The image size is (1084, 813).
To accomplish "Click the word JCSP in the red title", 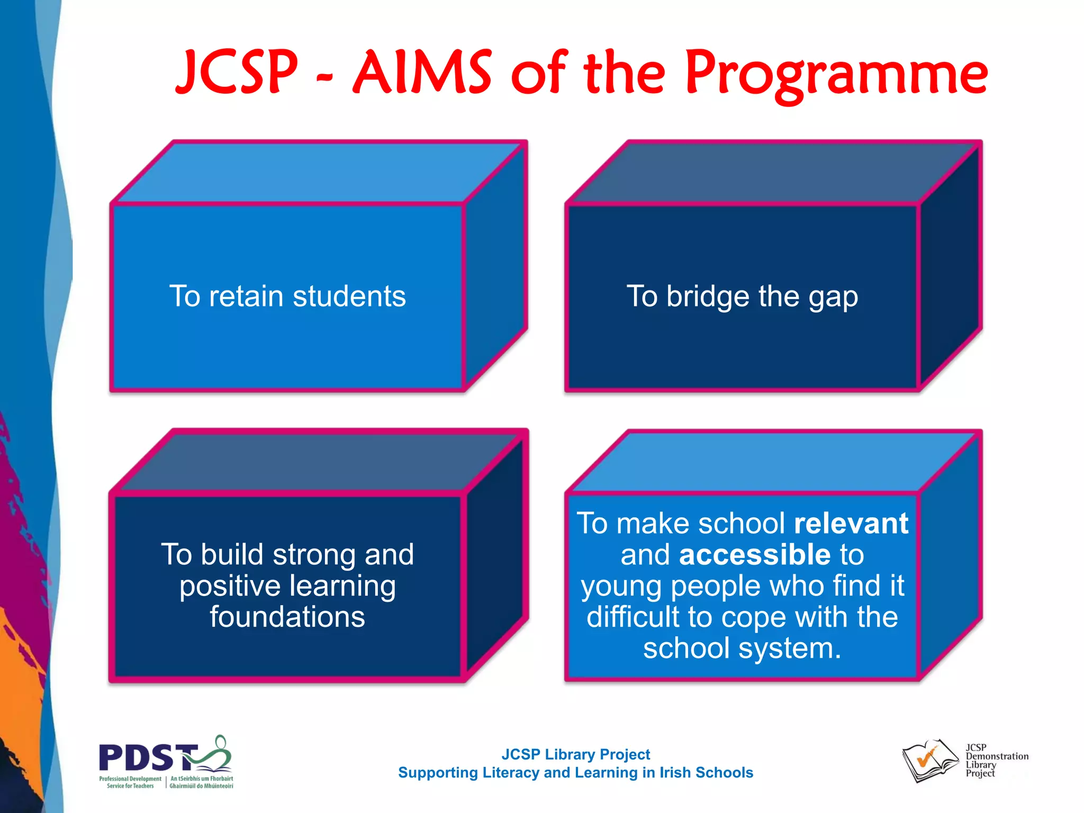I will pos(237,73).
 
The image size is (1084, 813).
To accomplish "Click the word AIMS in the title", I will pos(422,73).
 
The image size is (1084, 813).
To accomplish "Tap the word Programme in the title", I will pos(836,74).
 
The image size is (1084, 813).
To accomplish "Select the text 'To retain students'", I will pos(287,296).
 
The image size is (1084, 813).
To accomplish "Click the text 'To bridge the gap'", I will pos(742,296).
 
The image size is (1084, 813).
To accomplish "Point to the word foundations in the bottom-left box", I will pos(287,617).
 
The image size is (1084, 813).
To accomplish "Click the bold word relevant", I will pos(851,523).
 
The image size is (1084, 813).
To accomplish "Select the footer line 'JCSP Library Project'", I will pos(575,754).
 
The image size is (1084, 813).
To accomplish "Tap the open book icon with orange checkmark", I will pos(930,761).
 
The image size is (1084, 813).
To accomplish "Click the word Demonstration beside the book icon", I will pos(997,756).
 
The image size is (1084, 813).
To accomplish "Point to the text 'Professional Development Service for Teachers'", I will pos(130,782).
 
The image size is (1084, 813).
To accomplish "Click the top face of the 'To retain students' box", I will pos(318,172).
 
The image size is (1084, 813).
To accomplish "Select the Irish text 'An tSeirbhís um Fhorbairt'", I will pos(202,779).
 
